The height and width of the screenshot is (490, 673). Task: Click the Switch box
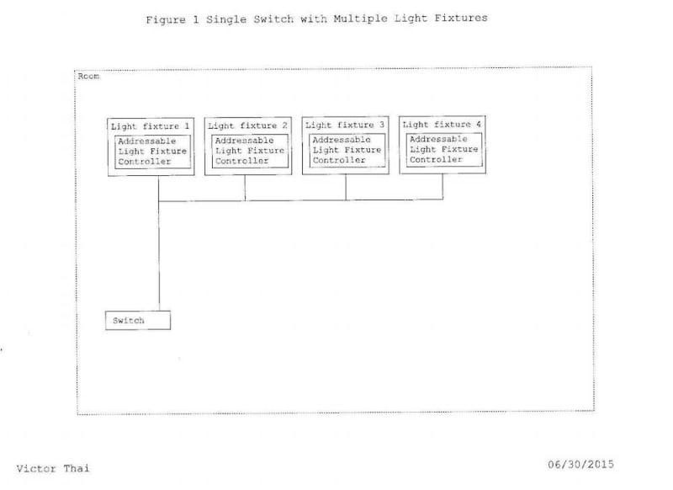point(138,321)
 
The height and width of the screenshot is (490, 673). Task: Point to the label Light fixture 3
point(345,125)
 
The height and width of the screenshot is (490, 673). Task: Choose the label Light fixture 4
point(442,125)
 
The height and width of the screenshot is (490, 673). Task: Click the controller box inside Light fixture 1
point(152,152)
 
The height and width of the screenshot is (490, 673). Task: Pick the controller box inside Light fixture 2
point(249,151)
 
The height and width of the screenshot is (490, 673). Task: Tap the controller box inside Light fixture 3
point(347,150)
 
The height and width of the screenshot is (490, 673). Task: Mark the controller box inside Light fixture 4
point(443,149)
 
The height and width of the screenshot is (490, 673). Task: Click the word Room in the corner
point(88,77)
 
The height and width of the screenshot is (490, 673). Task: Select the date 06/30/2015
point(580,464)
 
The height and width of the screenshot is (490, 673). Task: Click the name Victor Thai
point(52,468)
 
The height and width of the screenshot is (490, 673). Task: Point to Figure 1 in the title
point(173,19)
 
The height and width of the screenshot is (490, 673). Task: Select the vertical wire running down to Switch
point(158,253)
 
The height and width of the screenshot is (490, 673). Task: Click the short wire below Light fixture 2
point(245,188)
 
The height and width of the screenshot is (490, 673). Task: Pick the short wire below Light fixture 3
point(346,187)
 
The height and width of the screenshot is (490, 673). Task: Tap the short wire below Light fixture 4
point(442,186)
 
